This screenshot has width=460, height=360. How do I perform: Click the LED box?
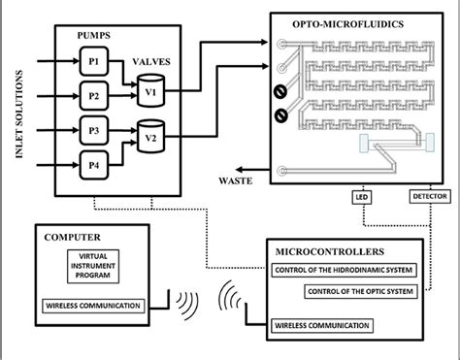[x=359, y=197]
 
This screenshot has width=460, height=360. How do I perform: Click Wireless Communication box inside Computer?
[x=95, y=307]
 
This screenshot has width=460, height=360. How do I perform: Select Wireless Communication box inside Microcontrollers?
[x=322, y=324]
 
